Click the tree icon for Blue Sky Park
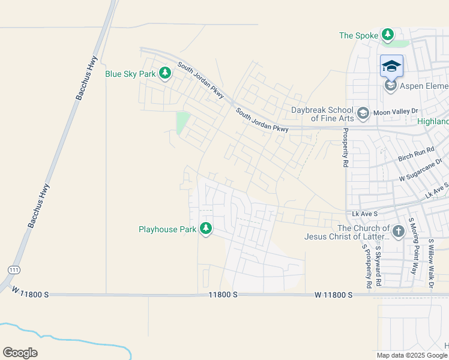pyautogui.click(x=165, y=74)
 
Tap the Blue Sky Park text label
pyautogui.click(x=130, y=74)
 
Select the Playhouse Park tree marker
pyautogui.click(x=206, y=229)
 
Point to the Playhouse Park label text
pyautogui.click(x=167, y=229)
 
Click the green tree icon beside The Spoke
pyautogui.click(x=388, y=35)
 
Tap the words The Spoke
pyautogui.click(x=359, y=35)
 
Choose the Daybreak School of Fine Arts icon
pyautogui.click(x=363, y=113)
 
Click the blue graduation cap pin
pyautogui.click(x=391, y=66)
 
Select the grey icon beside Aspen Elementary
pyautogui.click(x=390, y=86)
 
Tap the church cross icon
pyautogui.click(x=397, y=231)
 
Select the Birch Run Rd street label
pyautogui.click(x=416, y=154)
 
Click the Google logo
pyautogui.click(x=20, y=353)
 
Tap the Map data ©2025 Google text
pyautogui.click(x=412, y=355)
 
